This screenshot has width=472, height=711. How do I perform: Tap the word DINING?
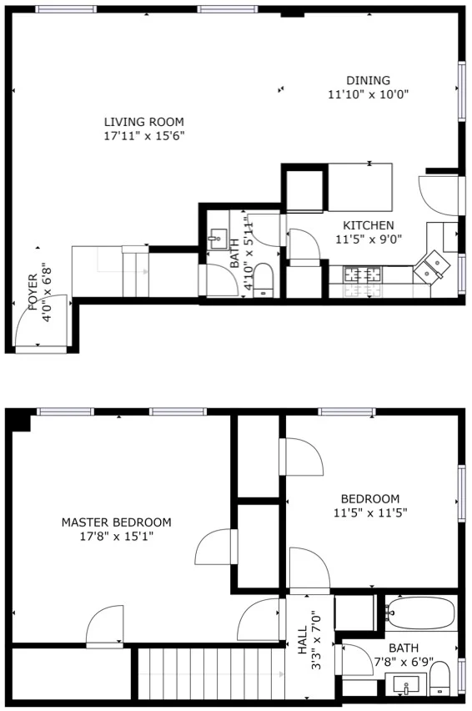[368, 81]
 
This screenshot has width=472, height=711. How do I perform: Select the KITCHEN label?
[369, 225]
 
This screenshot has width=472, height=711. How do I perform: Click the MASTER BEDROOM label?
[116, 522]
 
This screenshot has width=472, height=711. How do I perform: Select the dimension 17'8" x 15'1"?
[117, 537]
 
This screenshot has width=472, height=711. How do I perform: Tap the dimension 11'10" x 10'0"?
[368, 95]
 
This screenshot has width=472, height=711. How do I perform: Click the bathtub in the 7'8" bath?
[420, 613]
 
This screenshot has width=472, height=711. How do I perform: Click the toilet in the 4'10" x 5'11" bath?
[264, 278]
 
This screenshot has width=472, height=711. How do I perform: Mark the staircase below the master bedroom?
[205, 677]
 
